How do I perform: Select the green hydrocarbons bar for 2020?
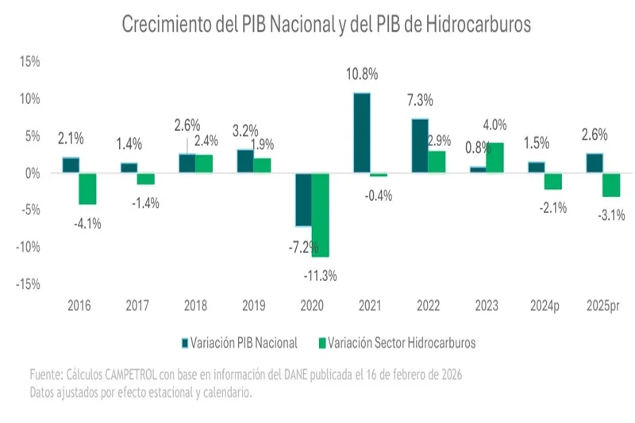coord(321,214)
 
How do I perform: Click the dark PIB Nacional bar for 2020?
coord(303,199)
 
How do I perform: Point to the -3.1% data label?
coord(610,213)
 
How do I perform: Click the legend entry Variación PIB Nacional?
coord(239,343)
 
